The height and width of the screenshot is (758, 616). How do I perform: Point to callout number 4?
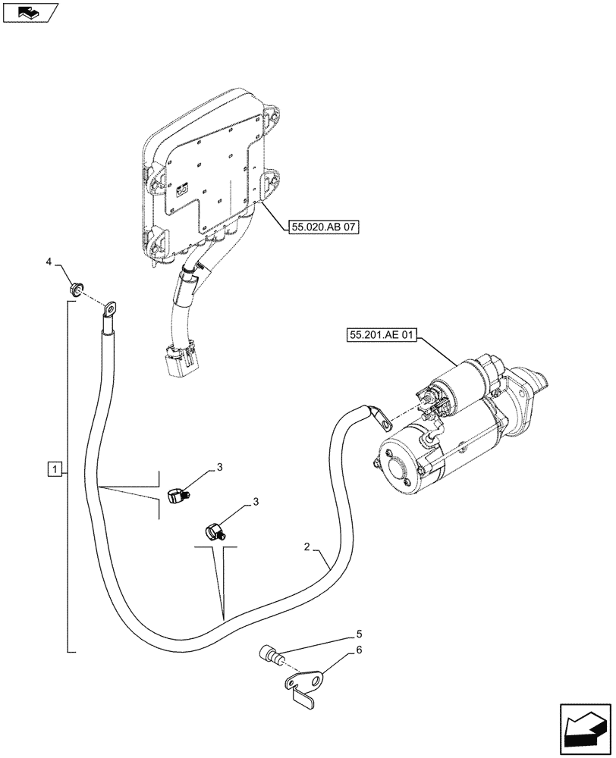[49, 262]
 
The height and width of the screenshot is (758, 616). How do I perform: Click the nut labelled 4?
[76, 288]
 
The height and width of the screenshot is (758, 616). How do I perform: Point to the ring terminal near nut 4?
[111, 308]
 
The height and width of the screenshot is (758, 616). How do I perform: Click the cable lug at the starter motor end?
[380, 415]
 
